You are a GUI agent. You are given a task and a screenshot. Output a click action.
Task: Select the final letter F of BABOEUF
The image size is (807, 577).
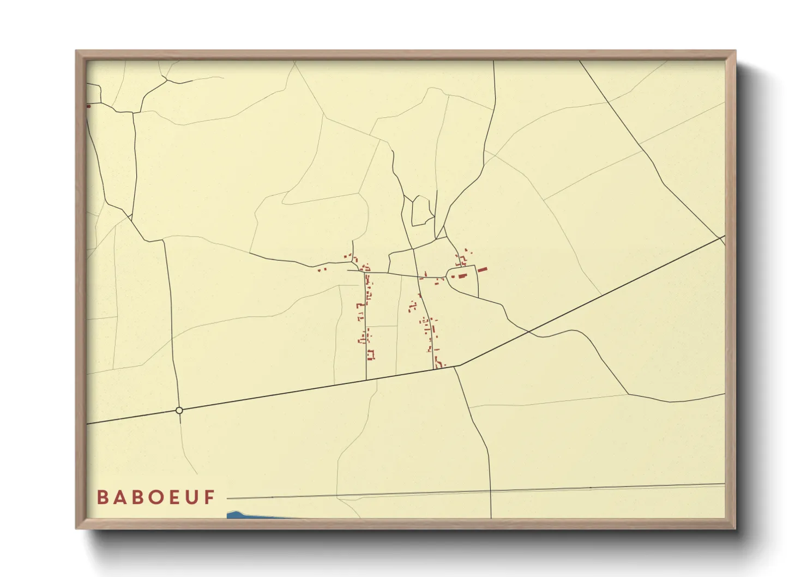[x=210, y=497]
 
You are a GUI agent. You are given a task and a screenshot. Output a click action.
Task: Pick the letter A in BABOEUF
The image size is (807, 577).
[x=119, y=497]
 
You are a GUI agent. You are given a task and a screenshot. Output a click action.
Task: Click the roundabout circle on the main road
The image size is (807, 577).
[x=179, y=410]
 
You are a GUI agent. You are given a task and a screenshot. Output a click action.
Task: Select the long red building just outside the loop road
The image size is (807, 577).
[x=482, y=269]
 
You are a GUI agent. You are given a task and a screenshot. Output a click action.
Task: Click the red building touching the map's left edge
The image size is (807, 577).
[x=88, y=106]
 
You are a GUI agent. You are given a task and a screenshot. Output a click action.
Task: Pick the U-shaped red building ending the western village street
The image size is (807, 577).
[x=371, y=355]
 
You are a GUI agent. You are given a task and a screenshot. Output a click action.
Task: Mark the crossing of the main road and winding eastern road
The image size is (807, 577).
[x=528, y=331]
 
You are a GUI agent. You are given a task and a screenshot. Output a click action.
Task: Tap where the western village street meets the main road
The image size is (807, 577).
[x=366, y=380]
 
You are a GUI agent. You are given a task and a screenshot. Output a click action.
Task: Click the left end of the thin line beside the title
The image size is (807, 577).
[x=228, y=498]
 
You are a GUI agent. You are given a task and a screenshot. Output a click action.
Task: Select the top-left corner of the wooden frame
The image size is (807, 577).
[x=76, y=51]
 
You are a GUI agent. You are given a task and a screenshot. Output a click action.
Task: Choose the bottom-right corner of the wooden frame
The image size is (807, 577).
[x=736, y=528]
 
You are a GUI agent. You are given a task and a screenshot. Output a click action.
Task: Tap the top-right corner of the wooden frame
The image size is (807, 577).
[x=736, y=51]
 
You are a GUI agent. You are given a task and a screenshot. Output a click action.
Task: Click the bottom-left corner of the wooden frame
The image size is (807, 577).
[x=76, y=528]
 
